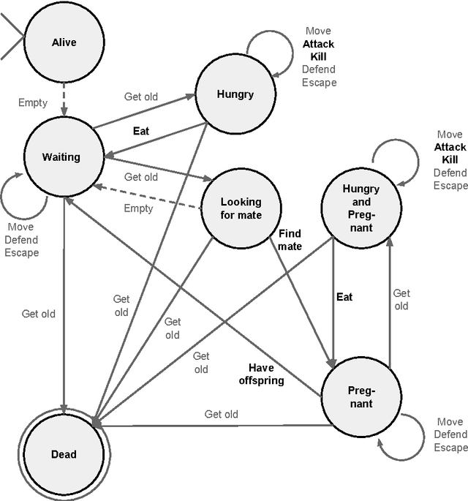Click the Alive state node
64,42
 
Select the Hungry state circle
235,93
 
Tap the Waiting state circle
61,157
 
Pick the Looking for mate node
241,208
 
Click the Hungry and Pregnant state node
361,208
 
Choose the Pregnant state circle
359,398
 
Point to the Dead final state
64,453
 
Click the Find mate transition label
290,240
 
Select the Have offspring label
261,374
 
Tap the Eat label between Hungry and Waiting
141,132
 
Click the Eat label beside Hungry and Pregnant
344,296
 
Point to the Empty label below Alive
33,103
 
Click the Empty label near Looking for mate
138,208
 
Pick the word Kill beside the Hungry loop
319,56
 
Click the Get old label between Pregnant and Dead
221,414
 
